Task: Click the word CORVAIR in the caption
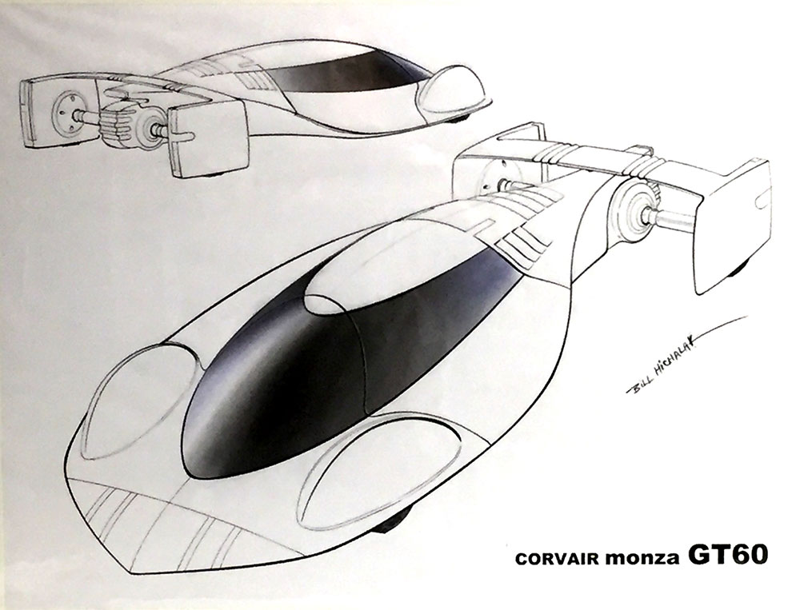557,559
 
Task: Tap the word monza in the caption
642,558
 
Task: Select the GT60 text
727,555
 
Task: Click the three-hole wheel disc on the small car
66,114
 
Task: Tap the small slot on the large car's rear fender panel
762,198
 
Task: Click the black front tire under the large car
392,520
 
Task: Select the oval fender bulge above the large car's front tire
378,469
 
